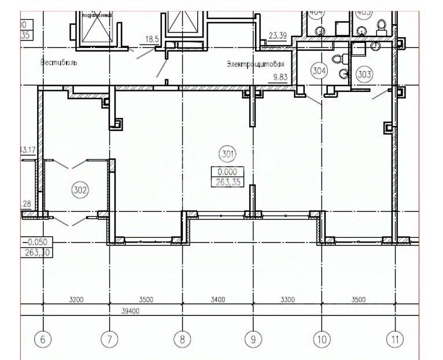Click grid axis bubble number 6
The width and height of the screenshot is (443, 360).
40,339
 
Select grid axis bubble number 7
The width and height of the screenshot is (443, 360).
110,339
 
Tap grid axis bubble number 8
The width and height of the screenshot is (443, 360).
182,339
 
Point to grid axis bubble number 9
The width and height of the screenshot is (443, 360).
253,339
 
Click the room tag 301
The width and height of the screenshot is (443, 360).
227,154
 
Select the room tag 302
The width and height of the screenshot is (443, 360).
80,188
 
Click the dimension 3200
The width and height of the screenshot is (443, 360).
76,299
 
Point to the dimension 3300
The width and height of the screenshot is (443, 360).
287,299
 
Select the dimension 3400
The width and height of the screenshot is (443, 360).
217,299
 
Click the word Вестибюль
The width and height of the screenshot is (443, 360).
59,61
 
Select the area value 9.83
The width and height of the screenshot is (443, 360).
279,75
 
